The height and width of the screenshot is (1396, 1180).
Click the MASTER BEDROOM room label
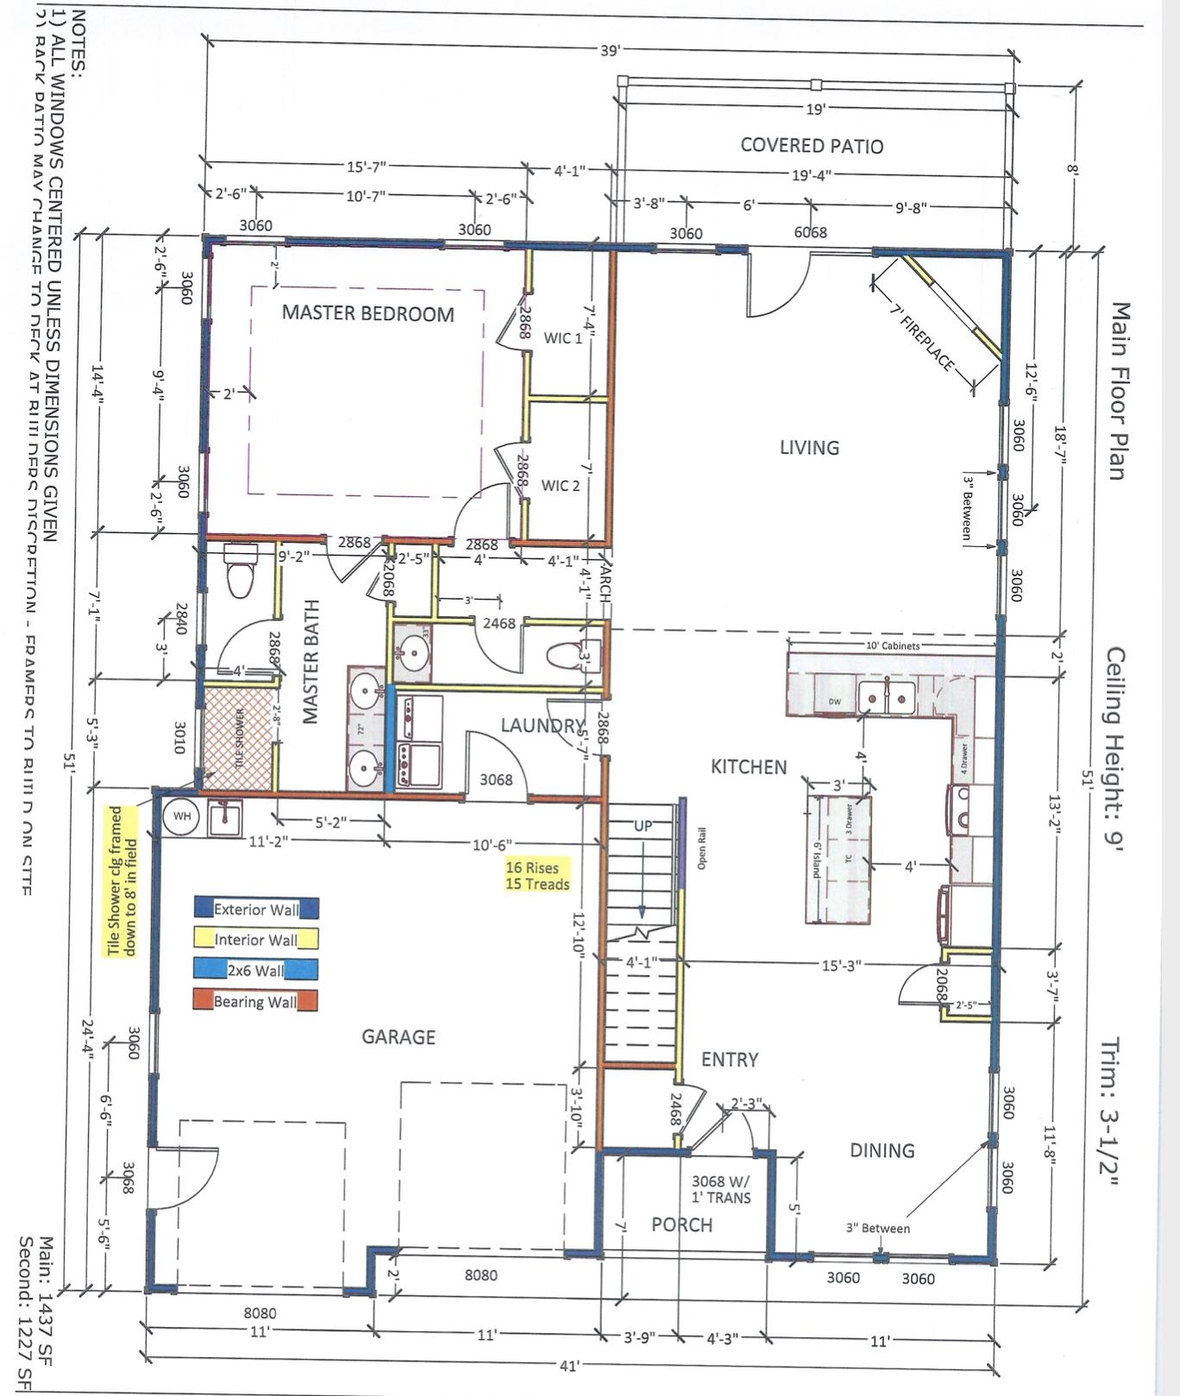[367, 313]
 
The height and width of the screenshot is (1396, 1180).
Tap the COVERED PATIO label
[812, 146]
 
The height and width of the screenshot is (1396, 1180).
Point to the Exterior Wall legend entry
[256, 909]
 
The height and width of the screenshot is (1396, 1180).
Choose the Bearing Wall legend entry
[255, 1001]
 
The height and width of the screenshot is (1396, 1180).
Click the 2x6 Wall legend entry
[255, 970]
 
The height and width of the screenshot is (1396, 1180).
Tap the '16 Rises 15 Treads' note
[537, 876]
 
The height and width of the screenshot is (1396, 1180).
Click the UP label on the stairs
[643, 826]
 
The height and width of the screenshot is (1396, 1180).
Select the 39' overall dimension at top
[609, 50]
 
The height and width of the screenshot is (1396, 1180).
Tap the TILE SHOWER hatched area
[238, 737]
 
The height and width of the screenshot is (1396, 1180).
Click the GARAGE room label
[398, 1036]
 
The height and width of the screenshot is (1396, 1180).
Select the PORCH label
[681, 1224]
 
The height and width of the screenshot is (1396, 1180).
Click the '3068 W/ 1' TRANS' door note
[721, 1189]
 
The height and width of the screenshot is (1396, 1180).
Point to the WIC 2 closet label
[561, 486]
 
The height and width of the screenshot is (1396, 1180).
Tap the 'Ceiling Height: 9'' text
[1115, 750]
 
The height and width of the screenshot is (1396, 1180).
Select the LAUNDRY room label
[543, 726]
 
